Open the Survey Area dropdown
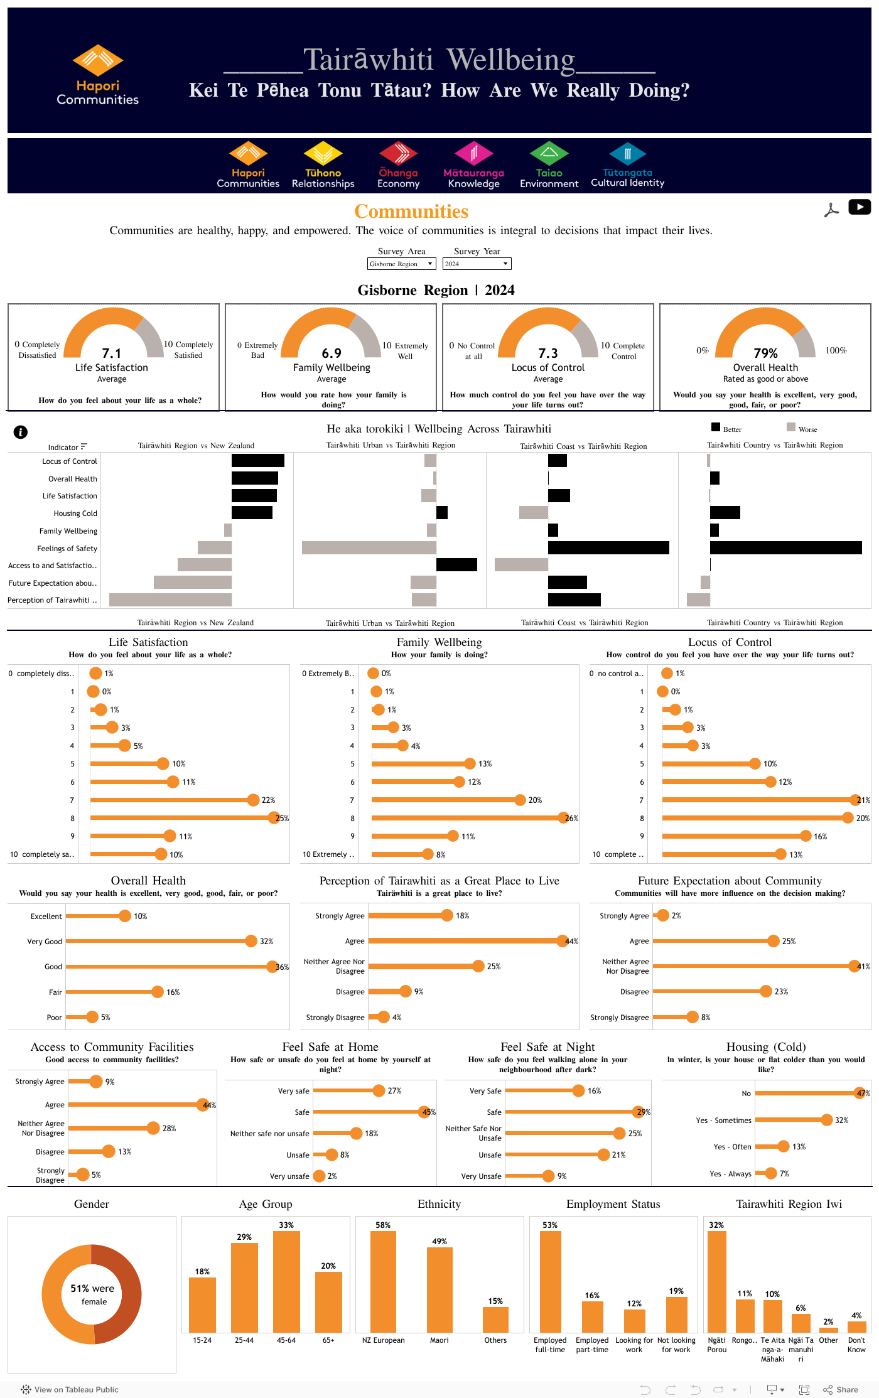tap(401, 264)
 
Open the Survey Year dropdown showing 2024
tap(477, 264)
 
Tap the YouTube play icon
tap(859, 207)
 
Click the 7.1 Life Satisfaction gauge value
tap(112, 353)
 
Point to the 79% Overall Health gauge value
tap(765, 353)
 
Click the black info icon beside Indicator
tap(21, 432)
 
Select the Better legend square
tap(716, 427)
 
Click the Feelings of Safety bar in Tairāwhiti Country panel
tap(785, 548)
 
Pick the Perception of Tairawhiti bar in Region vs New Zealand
tap(170, 600)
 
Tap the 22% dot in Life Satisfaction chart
tap(253, 800)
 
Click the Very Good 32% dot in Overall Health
tap(251, 941)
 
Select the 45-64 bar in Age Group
tap(286, 1281)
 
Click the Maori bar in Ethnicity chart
tap(439, 1289)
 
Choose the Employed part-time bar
tap(592, 1316)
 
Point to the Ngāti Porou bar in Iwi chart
tap(716, 1281)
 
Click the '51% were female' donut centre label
tap(92, 1294)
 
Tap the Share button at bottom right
tap(841, 1389)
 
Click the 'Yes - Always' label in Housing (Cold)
tap(732, 1173)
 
